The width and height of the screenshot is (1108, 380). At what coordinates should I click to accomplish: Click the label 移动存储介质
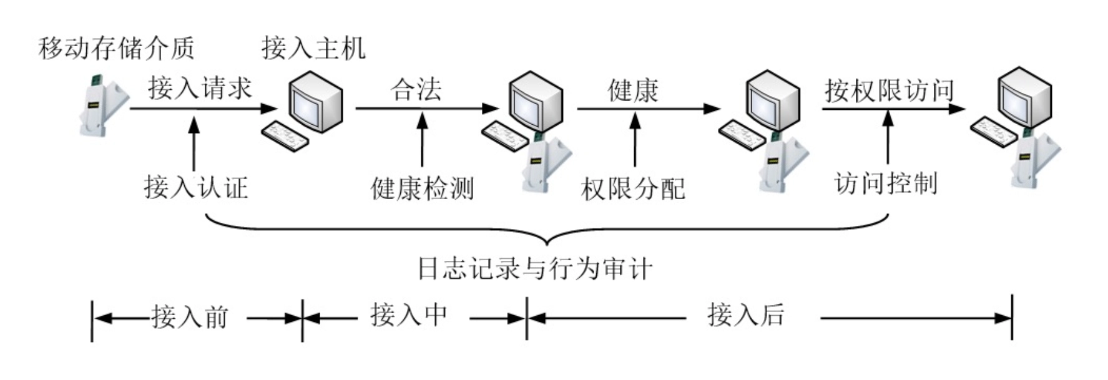pos(117,48)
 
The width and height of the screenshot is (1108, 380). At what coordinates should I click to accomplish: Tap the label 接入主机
pos(313,48)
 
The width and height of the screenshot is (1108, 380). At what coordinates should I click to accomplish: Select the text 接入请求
pos(200,89)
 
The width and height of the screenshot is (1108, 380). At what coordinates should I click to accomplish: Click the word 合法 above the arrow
pos(416,90)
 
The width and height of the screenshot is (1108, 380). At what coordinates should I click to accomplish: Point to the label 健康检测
pos(422,188)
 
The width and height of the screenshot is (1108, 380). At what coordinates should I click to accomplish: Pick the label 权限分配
pos(633,188)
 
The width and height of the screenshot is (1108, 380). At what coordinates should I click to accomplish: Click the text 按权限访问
pos(889,91)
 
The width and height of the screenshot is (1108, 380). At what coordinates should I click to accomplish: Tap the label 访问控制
pos(886,183)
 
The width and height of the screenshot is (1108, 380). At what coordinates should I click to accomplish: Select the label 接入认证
pos(195,187)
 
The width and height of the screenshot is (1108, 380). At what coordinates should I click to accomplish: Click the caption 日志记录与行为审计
pos(535,269)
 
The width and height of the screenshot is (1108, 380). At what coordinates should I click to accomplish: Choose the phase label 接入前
pos(190,317)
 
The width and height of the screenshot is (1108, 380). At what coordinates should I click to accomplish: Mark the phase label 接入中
pos(409,315)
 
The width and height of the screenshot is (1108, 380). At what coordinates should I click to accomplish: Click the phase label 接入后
pos(746,315)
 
